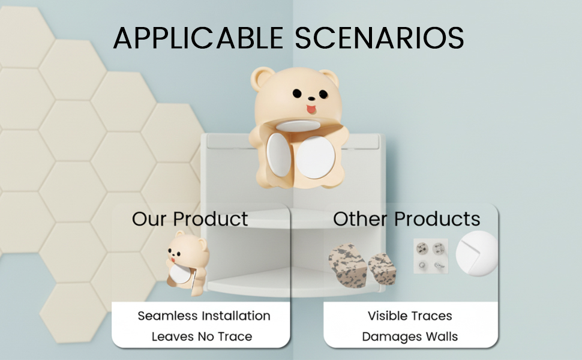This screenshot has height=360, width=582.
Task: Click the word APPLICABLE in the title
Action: coord(199,38)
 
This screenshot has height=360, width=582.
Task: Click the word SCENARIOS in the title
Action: coord(379,38)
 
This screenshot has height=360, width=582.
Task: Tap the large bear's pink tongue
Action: coord(311,109)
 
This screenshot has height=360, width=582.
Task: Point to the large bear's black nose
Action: coord(311,99)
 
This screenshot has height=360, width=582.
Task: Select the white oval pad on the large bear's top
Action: coord(298,125)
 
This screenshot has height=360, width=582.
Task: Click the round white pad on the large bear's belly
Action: coord(316,157)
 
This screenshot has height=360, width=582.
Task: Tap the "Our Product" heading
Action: coord(190,218)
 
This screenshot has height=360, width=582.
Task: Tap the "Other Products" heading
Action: coord(406,218)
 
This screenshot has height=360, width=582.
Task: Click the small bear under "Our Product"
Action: coord(187,263)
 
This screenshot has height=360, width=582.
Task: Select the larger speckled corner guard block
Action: coord(347,265)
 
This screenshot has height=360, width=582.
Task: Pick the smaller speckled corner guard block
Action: coord(382,269)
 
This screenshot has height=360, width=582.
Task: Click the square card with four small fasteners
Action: coord(431,256)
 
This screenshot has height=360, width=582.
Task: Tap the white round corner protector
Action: coord(476,253)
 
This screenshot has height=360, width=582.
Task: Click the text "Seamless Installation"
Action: coord(204,316)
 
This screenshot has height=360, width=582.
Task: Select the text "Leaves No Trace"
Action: coord(202,337)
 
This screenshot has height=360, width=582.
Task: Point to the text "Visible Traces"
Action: coord(410,316)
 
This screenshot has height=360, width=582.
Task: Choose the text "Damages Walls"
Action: coord(410,337)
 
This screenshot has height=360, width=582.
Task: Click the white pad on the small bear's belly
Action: coord(180,274)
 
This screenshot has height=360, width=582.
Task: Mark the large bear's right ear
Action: coord(330,77)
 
